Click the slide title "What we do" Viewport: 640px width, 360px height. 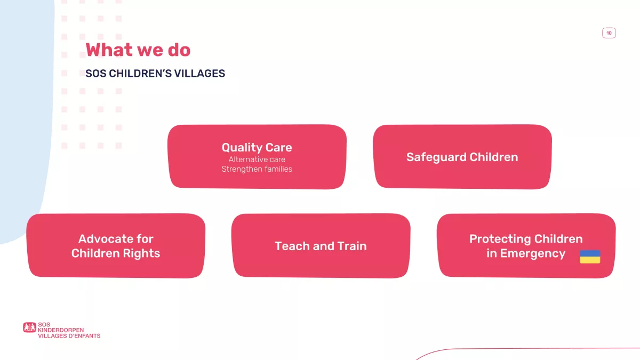(138, 50)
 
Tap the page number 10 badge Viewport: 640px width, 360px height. (609, 33)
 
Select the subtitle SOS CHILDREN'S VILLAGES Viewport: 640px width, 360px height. (155, 74)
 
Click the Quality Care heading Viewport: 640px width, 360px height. (257, 147)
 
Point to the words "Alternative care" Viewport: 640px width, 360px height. (257, 159)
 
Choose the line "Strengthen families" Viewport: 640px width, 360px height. (257, 169)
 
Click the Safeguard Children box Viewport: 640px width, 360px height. (462, 157)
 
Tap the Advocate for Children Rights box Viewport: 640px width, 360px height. (116, 246)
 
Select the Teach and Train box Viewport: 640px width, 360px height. (321, 246)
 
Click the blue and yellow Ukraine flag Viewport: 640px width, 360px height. (590, 257)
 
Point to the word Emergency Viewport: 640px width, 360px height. (533, 254)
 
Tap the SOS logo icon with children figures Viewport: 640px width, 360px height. (29, 327)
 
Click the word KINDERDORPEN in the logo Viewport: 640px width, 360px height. (61, 330)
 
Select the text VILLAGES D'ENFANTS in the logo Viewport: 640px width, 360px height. (69, 335)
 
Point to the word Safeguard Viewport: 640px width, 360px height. (436, 157)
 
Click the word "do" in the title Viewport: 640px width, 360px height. (179, 50)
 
